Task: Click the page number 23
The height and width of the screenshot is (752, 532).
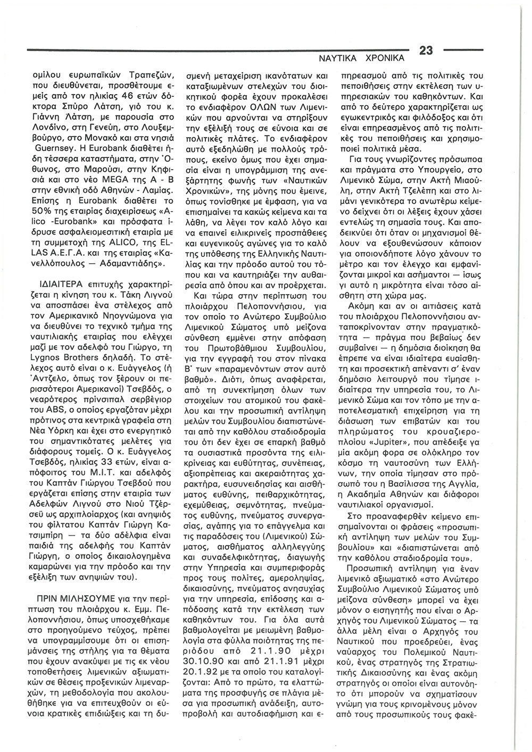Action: coord(427,51)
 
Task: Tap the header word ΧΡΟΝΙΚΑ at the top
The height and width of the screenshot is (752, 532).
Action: coord(390,55)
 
